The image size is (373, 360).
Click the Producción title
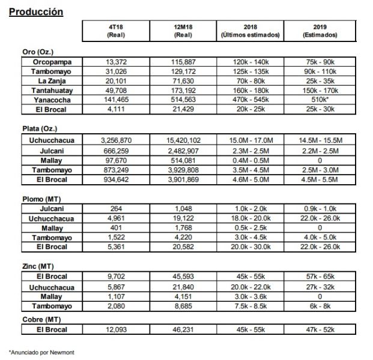pos(37,12)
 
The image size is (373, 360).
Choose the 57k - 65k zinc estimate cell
pos(325,276)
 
